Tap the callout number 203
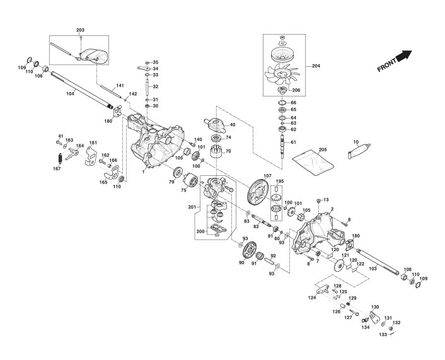point(80,31)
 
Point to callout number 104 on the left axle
point(70,93)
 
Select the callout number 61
point(293,142)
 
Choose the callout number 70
point(228,151)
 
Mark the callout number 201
point(192,207)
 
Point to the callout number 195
point(280,182)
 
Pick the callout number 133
point(383,334)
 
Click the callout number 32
point(156,86)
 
